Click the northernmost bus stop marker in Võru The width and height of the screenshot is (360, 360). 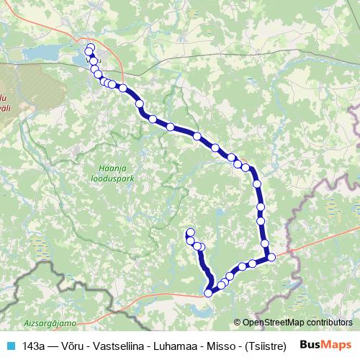point(90,48)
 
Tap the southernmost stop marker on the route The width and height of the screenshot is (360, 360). point(209,292)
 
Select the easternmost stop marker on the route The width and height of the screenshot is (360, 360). point(271,257)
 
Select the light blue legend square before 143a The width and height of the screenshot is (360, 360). point(10,346)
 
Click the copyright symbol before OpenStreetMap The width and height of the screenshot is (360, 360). point(238,323)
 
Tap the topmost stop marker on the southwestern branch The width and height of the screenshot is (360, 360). point(190,232)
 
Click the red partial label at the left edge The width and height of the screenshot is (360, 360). point(4,101)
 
